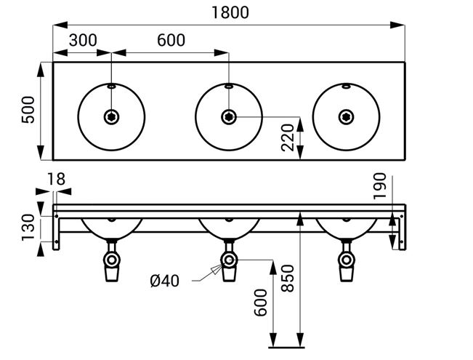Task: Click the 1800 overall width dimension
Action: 230,12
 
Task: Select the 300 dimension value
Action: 83,40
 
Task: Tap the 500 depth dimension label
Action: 28,109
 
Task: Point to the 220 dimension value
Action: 287,137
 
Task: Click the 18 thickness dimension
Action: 56,179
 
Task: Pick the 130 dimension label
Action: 28,228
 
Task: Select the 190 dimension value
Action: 379,186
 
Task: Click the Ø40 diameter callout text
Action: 165,281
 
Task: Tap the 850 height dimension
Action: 287,278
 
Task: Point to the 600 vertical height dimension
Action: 260,303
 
